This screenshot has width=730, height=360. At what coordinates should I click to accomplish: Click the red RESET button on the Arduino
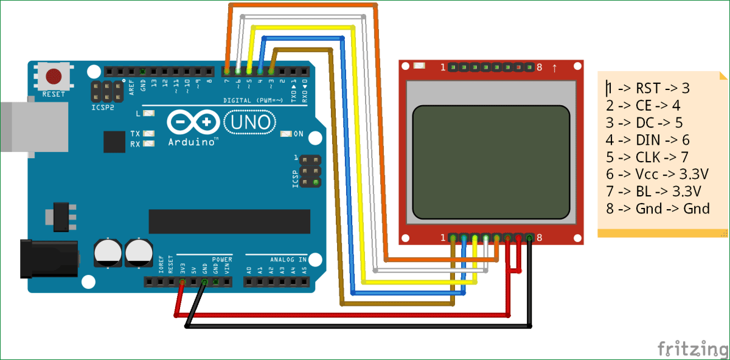(x=54, y=77)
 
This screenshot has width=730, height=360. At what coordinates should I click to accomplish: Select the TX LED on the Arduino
(x=147, y=133)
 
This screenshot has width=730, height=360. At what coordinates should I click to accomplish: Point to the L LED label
(x=138, y=113)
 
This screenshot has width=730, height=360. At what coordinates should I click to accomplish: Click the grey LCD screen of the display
(x=491, y=162)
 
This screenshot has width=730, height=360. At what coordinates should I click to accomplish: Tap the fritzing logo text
(x=692, y=348)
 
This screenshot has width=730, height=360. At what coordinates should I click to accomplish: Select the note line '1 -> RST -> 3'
(x=648, y=89)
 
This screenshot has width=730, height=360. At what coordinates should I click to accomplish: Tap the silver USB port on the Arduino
(x=15, y=126)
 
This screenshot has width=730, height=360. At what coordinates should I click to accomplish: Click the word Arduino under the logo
(x=193, y=142)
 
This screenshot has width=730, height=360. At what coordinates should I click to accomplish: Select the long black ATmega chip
(x=229, y=221)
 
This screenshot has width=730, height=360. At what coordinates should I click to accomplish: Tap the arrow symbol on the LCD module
(x=554, y=67)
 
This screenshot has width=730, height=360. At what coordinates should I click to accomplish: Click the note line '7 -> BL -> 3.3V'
(x=654, y=192)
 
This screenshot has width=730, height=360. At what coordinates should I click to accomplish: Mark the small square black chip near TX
(x=114, y=142)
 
